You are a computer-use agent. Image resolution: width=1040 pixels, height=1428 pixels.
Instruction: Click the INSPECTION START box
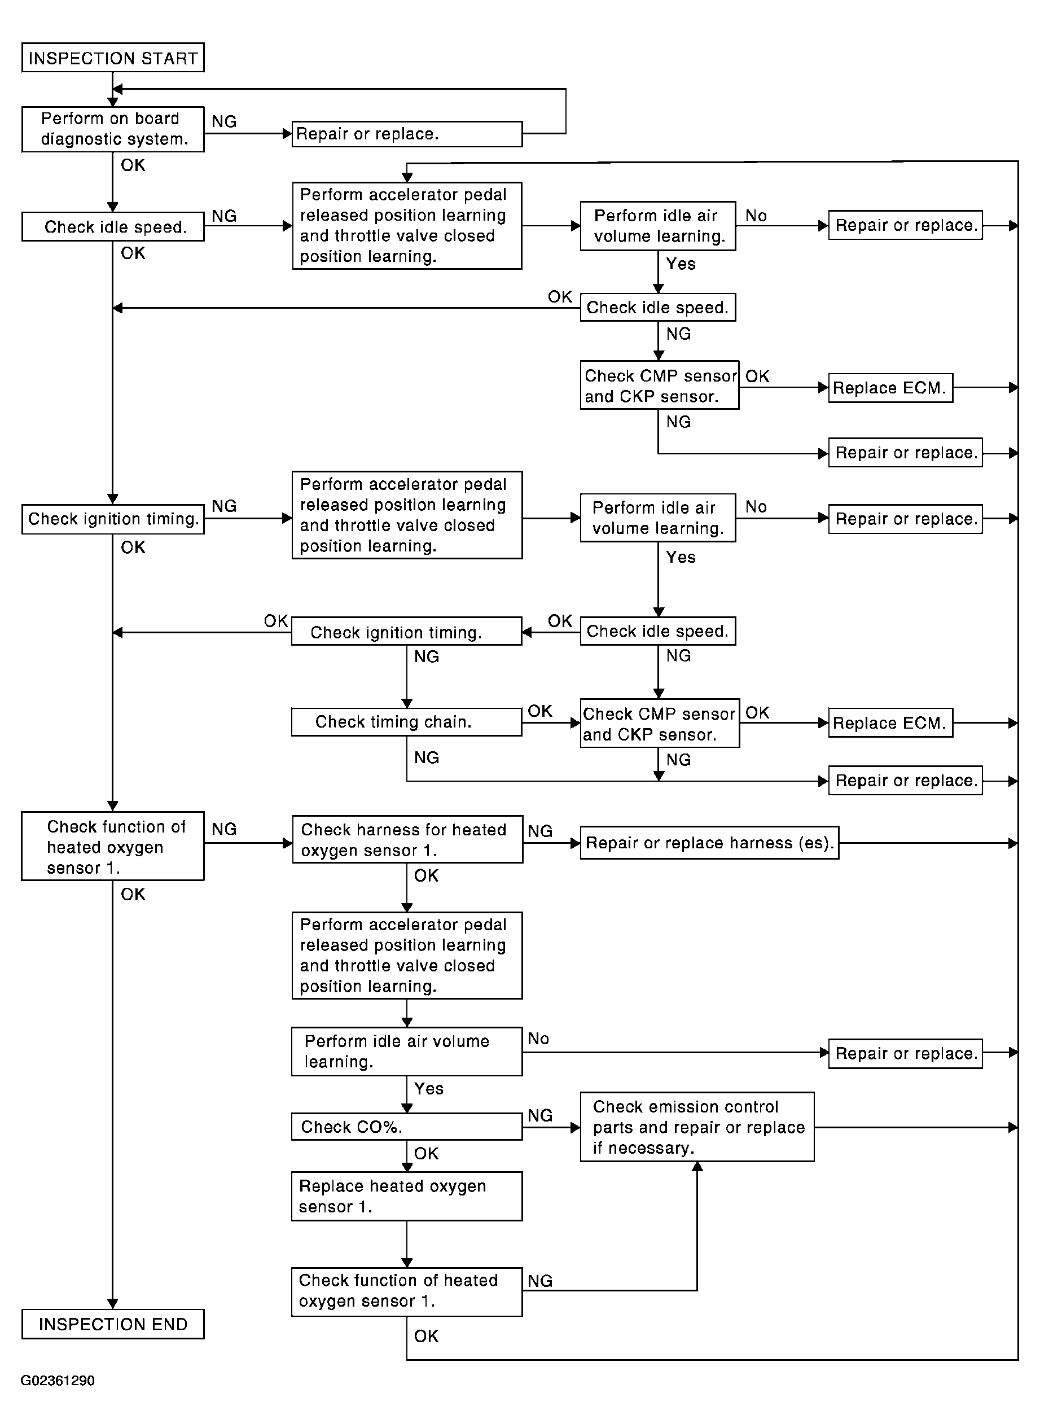click(113, 58)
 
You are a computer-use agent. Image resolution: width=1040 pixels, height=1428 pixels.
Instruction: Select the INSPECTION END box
click(113, 1324)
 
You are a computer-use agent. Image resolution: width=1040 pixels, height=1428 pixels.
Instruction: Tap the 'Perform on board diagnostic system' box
click(113, 129)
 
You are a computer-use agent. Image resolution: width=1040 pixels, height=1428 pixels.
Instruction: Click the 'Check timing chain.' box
click(407, 721)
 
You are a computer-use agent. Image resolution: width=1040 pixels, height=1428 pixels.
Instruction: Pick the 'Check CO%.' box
click(407, 1127)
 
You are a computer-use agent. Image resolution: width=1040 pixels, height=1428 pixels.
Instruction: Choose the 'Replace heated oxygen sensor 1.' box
click(407, 1195)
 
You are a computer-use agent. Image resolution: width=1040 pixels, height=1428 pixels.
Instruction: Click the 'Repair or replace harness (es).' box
click(709, 843)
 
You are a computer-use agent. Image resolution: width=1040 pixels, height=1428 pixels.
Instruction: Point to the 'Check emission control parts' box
click(697, 1127)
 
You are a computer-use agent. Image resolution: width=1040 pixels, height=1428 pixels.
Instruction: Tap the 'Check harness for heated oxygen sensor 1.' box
click(407, 839)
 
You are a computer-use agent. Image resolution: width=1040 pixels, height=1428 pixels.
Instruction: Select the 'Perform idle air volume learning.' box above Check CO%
click(407, 1052)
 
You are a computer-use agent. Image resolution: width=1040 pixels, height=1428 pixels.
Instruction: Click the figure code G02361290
click(58, 1380)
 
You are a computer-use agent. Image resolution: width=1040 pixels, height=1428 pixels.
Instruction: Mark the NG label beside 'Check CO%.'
click(540, 1115)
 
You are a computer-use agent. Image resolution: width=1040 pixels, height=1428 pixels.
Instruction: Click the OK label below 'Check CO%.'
click(426, 1153)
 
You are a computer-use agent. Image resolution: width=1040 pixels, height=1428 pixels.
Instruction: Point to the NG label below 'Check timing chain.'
click(426, 757)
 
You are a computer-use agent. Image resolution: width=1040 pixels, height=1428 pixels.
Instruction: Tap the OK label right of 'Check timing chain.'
click(540, 711)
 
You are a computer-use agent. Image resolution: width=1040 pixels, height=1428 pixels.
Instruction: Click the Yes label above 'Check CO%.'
click(429, 1088)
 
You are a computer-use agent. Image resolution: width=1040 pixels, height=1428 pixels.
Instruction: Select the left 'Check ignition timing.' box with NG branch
click(113, 519)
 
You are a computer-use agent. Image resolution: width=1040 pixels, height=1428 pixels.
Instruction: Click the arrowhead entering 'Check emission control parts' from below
click(697, 1167)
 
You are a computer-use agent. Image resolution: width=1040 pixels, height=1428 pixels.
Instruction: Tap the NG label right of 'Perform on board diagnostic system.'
click(224, 121)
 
